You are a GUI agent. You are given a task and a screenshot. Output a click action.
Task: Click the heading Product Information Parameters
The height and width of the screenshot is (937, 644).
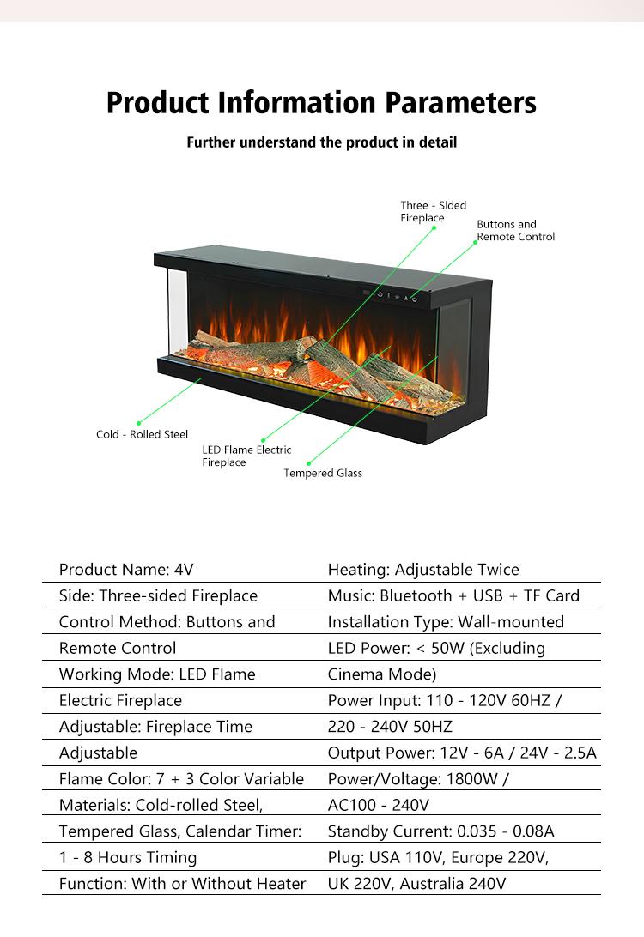[x=321, y=103]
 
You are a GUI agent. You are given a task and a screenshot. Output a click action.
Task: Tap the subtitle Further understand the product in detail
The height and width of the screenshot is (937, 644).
[x=321, y=142]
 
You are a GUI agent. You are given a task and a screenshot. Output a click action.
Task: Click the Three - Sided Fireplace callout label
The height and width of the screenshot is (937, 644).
[x=433, y=212]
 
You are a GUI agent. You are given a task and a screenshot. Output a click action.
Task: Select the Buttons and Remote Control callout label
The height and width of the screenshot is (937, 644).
[x=515, y=231]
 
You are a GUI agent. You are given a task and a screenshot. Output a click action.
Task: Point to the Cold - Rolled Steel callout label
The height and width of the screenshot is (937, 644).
[x=142, y=435]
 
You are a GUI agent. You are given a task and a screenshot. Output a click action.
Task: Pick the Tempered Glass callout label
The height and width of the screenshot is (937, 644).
[x=323, y=474]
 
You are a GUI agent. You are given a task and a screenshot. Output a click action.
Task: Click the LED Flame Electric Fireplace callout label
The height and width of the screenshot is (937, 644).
[x=246, y=456]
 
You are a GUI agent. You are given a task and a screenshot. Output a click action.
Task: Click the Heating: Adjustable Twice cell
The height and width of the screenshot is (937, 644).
[x=423, y=570]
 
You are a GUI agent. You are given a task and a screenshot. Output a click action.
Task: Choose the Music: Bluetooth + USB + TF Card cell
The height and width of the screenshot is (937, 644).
[x=453, y=595]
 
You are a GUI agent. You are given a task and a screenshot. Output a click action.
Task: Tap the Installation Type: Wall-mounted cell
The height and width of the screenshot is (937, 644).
[x=446, y=622]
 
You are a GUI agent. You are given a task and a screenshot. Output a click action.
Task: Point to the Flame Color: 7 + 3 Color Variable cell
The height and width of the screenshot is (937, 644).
[x=181, y=779]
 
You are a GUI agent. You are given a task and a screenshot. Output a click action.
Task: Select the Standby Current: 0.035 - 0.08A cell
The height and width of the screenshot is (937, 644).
[x=441, y=831]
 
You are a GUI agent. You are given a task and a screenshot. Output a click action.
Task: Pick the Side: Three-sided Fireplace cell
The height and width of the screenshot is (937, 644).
[x=158, y=595]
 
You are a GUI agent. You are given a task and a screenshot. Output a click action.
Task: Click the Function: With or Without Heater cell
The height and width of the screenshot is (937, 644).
[x=182, y=884]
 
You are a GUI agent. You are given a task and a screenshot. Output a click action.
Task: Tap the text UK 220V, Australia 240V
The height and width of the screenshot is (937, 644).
[x=416, y=884]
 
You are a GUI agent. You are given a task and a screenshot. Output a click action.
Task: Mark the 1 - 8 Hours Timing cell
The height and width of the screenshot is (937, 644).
[x=128, y=857]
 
